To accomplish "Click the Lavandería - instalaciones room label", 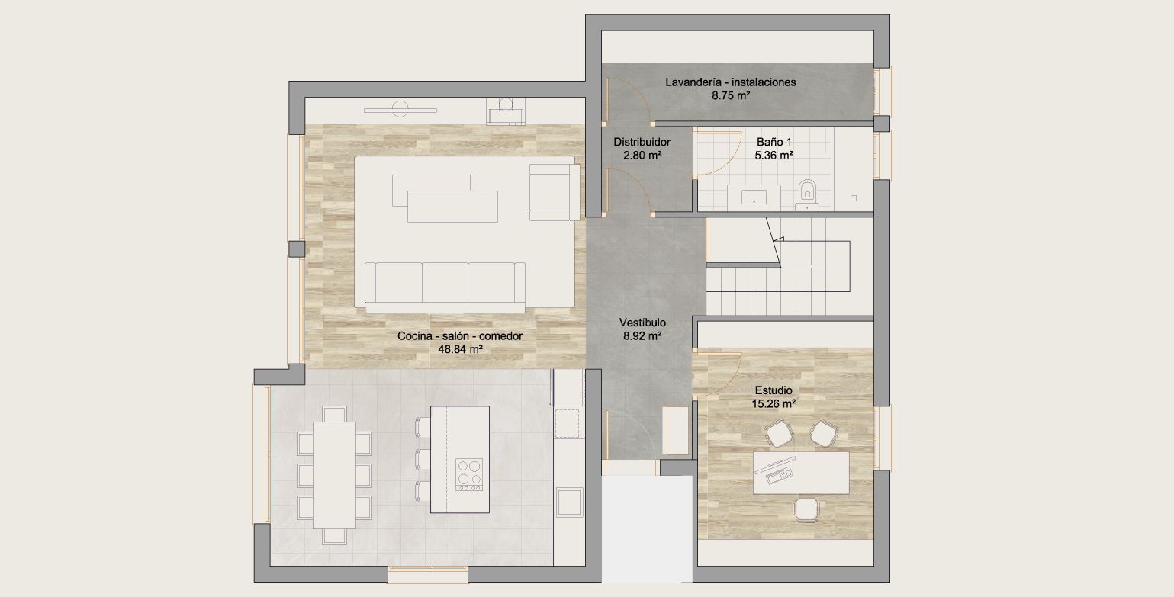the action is [731, 82].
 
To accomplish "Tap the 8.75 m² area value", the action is [731, 96].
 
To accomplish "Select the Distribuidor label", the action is [642, 142].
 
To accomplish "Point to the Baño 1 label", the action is [774, 142].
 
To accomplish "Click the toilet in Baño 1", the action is [807, 195].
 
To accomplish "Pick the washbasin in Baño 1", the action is [754, 197].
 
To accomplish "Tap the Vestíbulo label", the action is [642, 323].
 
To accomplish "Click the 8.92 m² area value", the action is [642, 336].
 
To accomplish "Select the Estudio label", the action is [774, 390].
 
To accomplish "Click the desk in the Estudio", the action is [801, 473].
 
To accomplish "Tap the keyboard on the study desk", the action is [779, 476].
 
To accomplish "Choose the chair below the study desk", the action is [806, 509].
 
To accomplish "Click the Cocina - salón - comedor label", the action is [460, 336].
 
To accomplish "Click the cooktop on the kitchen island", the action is [469, 474].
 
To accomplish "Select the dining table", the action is [334, 475].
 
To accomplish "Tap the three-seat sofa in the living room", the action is [445, 287].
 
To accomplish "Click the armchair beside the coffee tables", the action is [555, 192].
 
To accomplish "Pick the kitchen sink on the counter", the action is [569, 502].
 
